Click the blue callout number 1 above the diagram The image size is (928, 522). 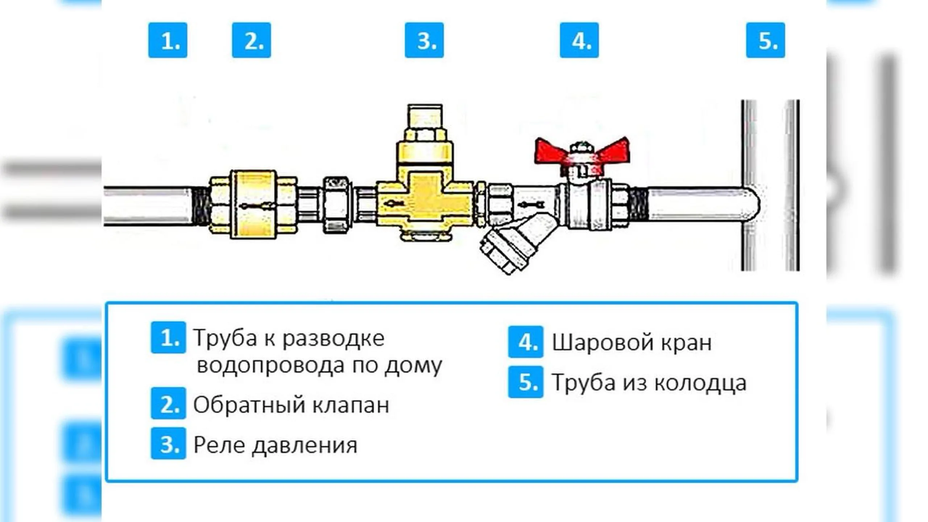168,40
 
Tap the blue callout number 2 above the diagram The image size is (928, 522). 252,40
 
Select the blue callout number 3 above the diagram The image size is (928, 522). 424,40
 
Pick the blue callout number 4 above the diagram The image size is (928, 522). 579,40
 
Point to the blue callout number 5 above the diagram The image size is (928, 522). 766,40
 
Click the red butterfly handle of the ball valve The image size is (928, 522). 582,151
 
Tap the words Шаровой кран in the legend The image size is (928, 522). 631,343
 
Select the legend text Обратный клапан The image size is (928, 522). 291,405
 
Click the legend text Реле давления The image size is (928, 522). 275,445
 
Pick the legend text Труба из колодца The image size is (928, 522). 649,383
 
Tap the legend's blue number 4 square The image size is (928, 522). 526,342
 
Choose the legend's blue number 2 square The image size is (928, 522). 169,403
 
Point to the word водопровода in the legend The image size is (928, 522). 271,365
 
